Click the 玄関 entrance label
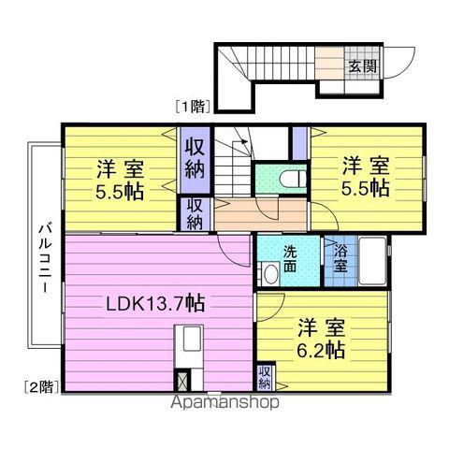coord(362,65)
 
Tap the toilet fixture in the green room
coord(293,179)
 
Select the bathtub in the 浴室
coord(372,261)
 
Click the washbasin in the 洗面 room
coord(270,273)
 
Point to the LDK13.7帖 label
coord(155,303)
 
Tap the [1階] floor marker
coord(192,107)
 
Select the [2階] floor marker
coord(42,386)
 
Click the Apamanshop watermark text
coord(224,402)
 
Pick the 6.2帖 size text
coord(320,351)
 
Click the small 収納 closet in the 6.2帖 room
coord(265,377)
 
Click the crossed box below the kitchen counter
coord(181,379)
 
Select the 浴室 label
coord(340,258)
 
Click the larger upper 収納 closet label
coord(195,158)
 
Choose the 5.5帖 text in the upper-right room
coord(365,188)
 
